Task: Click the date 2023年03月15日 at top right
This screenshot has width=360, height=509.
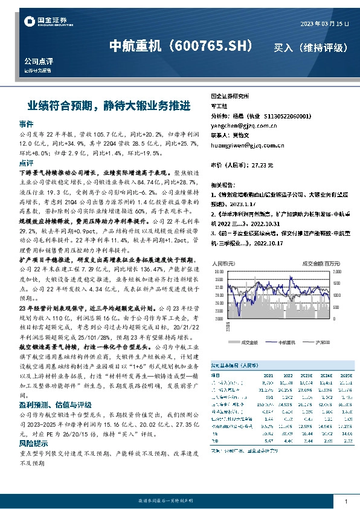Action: (x=324, y=24)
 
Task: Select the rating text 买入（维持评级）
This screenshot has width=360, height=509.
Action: (x=310, y=47)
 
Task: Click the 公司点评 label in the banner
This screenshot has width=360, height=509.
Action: (x=36, y=62)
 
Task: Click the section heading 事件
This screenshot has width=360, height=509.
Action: (x=26, y=123)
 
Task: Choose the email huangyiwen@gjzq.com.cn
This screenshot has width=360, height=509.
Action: (x=248, y=146)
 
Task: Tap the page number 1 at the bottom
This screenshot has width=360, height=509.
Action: (x=345, y=501)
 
